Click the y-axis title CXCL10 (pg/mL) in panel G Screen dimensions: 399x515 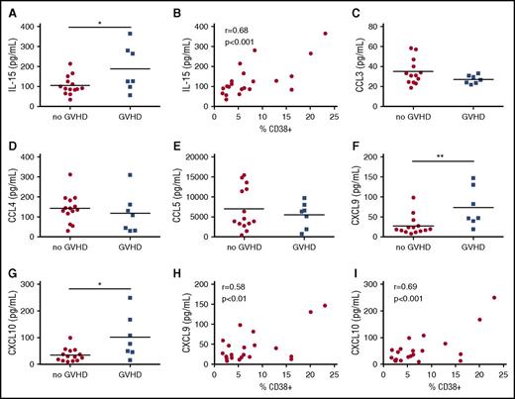click(x=12, y=331)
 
